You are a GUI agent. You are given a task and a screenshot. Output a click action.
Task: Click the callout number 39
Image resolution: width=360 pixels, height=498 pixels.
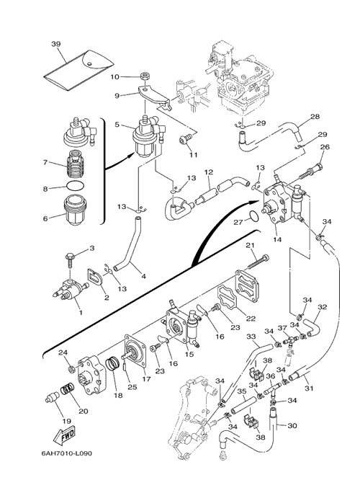point(56,44)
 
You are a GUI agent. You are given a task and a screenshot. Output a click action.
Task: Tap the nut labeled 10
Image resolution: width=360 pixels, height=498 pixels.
point(145,76)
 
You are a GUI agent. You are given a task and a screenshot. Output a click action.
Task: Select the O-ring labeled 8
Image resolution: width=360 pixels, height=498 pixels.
point(76,187)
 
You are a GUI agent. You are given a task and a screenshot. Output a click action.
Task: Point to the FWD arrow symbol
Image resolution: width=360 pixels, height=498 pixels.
point(64,434)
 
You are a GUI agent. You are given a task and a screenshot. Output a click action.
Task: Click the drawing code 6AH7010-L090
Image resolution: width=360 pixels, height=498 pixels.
point(67,453)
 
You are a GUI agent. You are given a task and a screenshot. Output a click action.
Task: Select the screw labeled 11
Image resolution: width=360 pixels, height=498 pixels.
point(185,139)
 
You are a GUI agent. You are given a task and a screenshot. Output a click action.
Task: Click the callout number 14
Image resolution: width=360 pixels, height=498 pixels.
point(277,240)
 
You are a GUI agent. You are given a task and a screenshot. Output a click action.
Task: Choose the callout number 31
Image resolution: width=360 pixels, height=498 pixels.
point(309,388)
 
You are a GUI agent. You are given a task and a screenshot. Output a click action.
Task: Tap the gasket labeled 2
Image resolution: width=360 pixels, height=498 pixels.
point(94,277)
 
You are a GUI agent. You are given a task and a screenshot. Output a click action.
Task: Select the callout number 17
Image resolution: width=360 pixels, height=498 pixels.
point(146,379)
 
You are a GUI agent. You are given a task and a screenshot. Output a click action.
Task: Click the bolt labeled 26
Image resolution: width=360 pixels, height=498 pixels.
point(310,172)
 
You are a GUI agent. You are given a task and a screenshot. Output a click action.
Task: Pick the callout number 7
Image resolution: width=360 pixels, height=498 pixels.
point(45,163)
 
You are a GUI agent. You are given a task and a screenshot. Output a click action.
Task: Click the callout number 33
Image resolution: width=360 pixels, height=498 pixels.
point(251,336)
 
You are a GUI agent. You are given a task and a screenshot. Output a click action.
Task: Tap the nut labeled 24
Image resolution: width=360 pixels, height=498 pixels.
point(72,369)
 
